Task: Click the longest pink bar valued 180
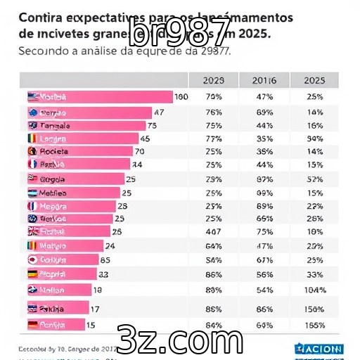point(98,97)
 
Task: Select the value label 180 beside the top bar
point(181,97)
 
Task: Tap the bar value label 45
point(146,139)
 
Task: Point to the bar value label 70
point(139,151)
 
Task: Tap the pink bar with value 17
point(57,308)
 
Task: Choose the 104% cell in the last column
point(315,290)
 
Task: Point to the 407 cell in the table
point(212,231)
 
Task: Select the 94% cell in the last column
point(315,139)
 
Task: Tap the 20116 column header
point(264,81)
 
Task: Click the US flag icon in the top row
point(32,97)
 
